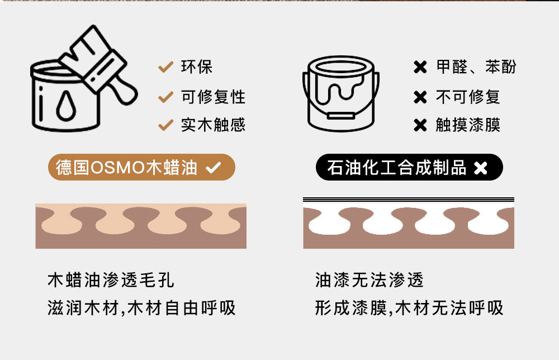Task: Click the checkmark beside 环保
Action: (166, 67)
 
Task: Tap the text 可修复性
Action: (213, 97)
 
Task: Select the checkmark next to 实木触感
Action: (166, 125)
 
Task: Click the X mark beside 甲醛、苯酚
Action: (420, 67)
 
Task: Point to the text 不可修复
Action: (468, 97)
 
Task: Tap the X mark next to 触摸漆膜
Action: (420, 125)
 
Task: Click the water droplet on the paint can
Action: (66, 106)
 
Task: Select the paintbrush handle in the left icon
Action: (123, 91)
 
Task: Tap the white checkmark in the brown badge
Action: (213, 167)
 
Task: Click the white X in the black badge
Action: (481, 168)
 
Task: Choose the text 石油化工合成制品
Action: (396, 167)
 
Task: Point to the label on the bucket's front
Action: (341, 116)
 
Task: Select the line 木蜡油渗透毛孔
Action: (111, 280)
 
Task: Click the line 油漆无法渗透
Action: (369, 280)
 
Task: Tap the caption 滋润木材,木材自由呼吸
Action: (141, 308)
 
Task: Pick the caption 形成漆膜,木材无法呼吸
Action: (409, 308)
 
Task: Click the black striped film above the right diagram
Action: (409, 200)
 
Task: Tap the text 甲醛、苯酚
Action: (476, 67)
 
